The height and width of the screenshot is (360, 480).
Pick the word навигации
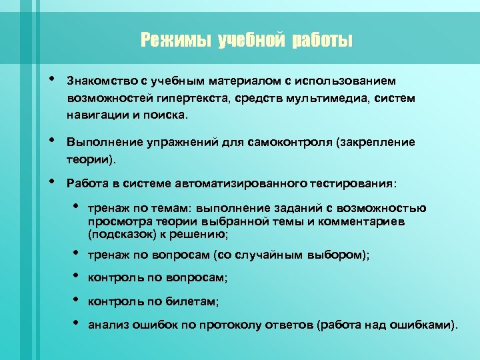(x=95, y=115)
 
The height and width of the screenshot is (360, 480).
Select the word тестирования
(x=351, y=183)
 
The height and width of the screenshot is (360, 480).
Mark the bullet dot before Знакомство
(x=52, y=79)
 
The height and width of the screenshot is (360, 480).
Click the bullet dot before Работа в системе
(x=52, y=181)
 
